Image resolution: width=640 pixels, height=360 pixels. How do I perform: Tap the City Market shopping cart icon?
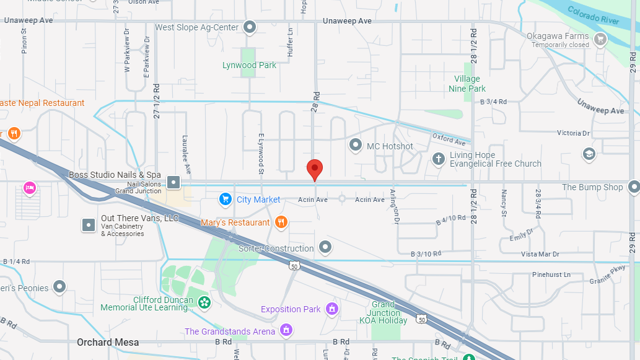pyautogui.click(x=226, y=200)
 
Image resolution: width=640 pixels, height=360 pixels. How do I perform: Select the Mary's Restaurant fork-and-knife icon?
pyautogui.click(x=281, y=222)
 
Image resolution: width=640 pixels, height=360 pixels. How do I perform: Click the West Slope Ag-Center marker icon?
pyautogui.click(x=250, y=27)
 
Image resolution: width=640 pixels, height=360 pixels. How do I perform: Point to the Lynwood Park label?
pyautogui.click(x=249, y=65)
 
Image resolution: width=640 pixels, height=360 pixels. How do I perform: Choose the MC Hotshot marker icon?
pyautogui.click(x=356, y=146)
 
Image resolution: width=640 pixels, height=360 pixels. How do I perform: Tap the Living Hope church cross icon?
pyautogui.click(x=439, y=159)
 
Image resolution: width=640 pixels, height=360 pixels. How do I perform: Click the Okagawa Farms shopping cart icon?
pyautogui.click(x=600, y=40)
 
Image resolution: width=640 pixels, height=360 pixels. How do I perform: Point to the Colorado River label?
pyautogui.click(x=593, y=15)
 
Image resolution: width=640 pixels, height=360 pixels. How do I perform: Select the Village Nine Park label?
pyautogui.click(x=467, y=84)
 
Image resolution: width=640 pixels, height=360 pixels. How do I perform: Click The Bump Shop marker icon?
pyautogui.click(x=633, y=187)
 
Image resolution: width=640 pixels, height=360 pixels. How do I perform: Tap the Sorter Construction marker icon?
pyautogui.click(x=325, y=248)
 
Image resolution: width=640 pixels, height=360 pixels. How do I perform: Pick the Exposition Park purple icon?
pyautogui.click(x=332, y=309)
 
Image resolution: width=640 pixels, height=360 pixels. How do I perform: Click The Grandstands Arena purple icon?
pyautogui.click(x=286, y=331)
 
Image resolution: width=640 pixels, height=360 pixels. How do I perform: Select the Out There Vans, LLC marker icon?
pyautogui.click(x=89, y=224)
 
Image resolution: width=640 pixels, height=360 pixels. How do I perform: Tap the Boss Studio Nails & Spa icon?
pyautogui.click(x=173, y=182)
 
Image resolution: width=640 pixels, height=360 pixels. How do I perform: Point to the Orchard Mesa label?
pyautogui.click(x=108, y=342)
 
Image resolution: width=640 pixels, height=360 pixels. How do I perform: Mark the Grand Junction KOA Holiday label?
pyautogui.click(x=384, y=312)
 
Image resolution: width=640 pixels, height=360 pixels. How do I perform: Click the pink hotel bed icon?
pyautogui.click(x=29, y=187)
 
